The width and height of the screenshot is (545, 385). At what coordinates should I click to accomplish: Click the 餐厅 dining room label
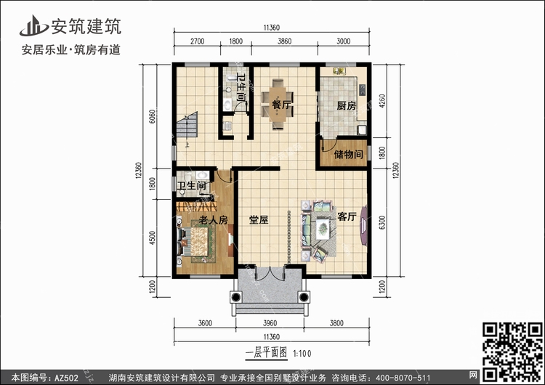(280, 105)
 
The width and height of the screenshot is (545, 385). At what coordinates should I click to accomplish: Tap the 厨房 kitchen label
(346, 105)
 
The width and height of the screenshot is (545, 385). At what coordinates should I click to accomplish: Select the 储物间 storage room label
(348, 154)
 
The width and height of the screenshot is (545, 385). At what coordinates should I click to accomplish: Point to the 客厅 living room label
(347, 216)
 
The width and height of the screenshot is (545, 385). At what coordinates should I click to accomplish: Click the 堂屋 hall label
(259, 219)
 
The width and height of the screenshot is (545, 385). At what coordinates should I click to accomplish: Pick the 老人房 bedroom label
(213, 219)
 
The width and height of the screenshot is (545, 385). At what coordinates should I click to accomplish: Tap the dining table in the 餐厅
(278, 105)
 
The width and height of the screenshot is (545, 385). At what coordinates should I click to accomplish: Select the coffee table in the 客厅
(323, 227)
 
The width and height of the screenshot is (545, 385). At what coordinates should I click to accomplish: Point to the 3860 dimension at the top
(284, 41)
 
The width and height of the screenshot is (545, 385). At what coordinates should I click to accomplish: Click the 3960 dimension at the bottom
(270, 323)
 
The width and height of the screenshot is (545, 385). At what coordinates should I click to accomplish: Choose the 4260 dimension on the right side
(382, 101)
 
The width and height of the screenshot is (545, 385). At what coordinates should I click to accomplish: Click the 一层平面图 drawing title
(266, 353)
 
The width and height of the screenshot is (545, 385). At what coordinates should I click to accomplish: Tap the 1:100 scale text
(302, 354)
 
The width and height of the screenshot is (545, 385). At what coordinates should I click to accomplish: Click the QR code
(512, 352)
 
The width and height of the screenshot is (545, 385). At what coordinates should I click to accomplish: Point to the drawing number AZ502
(66, 378)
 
